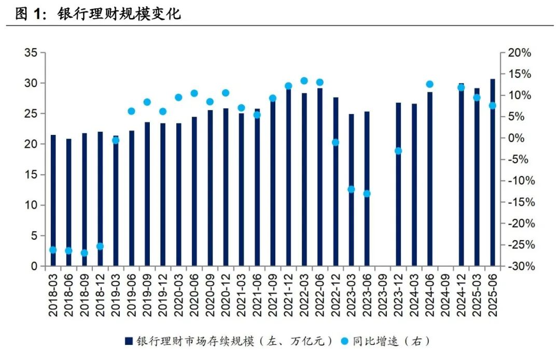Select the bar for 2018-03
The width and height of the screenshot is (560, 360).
pyautogui.click(x=53, y=200)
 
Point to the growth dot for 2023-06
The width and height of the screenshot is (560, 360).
pyautogui.click(x=367, y=193)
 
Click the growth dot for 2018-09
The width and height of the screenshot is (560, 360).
pyautogui.click(x=84, y=253)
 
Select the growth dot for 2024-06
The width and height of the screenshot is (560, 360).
pyautogui.click(x=429, y=84)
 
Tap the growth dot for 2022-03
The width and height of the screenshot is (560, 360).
pyautogui.click(x=304, y=81)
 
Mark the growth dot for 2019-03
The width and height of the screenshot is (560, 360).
pyautogui.click(x=116, y=140)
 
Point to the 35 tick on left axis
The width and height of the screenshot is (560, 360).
pyautogui.click(x=31, y=53)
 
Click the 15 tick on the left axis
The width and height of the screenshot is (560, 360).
pyautogui.click(x=31, y=175)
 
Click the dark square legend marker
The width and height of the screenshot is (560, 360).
pyautogui.click(x=128, y=341)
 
